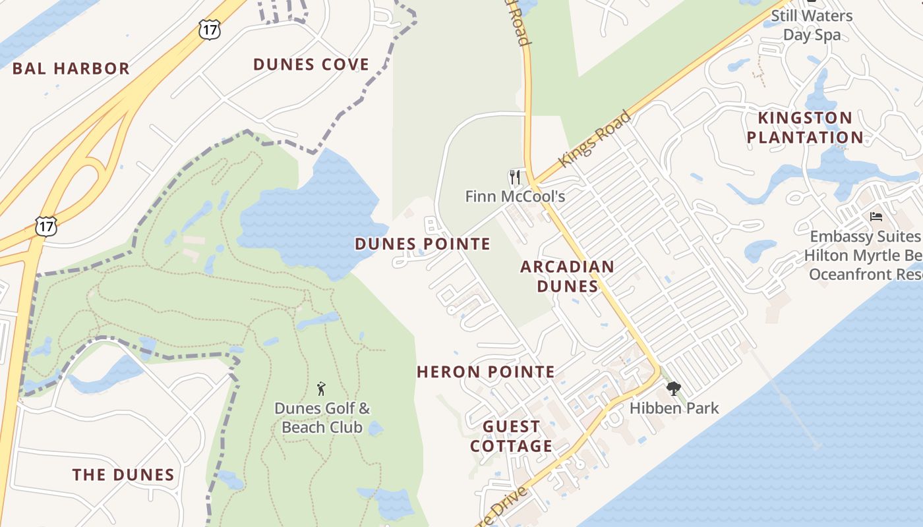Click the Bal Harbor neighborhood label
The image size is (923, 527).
(x=71, y=69)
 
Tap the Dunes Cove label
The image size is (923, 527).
(x=311, y=65)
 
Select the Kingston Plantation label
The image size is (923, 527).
(x=810, y=128)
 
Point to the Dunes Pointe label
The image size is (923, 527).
(x=423, y=244)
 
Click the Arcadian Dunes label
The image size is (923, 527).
(x=567, y=276)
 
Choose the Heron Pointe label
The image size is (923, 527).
(x=486, y=372)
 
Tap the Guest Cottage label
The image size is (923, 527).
(x=511, y=436)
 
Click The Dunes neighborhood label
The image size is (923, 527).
(x=123, y=475)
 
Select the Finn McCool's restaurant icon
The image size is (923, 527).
(x=515, y=177)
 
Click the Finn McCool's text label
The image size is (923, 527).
(x=515, y=196)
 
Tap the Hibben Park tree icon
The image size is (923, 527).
(x=673, y=389)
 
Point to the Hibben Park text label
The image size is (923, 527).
(x=674, y=408)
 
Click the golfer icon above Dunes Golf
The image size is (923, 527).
(x=321, y=389)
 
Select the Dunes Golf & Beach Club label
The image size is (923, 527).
(x=322, y=418)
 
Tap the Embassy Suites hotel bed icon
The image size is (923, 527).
(x=876, y=216)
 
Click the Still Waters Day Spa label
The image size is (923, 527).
(x=812, y=25)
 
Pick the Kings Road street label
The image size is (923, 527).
(x=595, y=139)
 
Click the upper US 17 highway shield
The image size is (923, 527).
(x=209, y=29)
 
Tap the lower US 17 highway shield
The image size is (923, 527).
(x=46, y=226)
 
